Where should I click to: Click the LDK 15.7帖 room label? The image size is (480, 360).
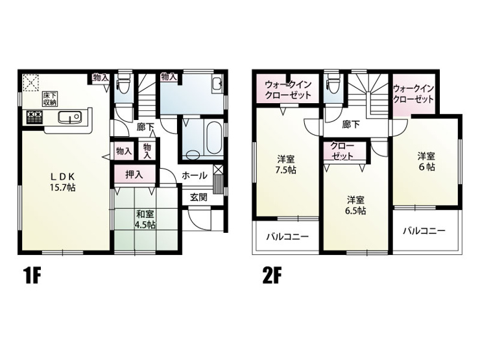click(x=63, y=182)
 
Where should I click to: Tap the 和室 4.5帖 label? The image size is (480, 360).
click(x=145, y=219)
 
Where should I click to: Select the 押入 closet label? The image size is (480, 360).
click(x=134, y=174)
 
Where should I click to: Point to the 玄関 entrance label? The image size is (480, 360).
click(x=198, y=197)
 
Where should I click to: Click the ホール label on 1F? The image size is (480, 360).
click(x=195, y=176)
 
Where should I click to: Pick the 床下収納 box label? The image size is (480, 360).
click(x=49, y=99)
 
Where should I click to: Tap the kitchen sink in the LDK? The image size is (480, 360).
click(x=70, y=117)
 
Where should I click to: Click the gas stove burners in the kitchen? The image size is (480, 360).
click(x=34, y=117)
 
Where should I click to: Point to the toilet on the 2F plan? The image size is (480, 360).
click(x=331, y=82)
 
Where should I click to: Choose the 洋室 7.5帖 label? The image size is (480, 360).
click(x=286, y=164)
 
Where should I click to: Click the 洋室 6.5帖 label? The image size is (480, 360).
click(x=355, y=205)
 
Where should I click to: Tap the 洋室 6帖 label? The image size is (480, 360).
click(x=426, y=162)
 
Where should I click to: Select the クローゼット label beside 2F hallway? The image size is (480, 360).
click(x=342, y=151)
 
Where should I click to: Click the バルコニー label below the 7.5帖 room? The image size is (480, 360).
click(x=287, y=237)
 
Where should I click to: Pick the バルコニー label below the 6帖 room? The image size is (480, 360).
click(x=424, y=230)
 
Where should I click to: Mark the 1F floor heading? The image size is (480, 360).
click(x=32, y=276)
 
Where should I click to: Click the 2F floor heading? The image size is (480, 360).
click(x=272, y=276)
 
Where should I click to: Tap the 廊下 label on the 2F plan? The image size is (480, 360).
click(x=351, y=125)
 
